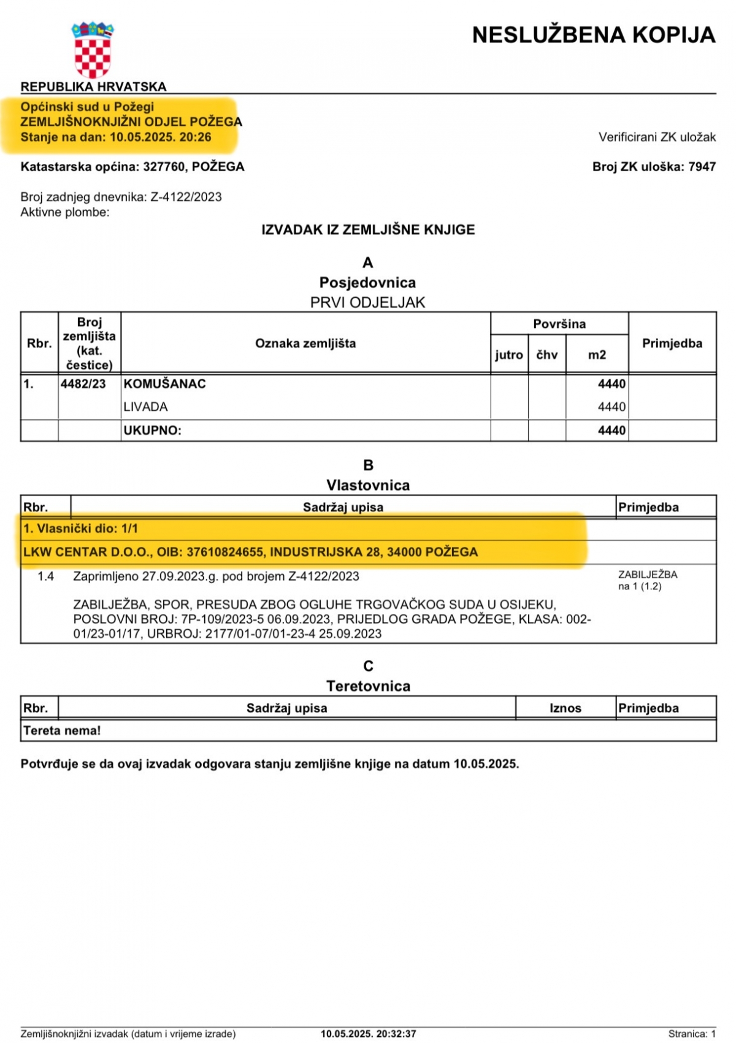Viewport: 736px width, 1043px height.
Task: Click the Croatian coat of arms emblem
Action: pos(93,50)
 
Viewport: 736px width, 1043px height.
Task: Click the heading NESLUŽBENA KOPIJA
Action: pos(594,35)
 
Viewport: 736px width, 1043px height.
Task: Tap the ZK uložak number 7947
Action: pos(702,167)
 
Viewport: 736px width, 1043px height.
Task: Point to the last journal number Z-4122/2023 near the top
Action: pos(186,197)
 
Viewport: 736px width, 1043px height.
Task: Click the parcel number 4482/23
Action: pos(83,384)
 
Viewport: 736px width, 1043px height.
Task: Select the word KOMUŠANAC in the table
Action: pos(165,384)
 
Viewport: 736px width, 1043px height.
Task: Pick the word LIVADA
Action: pos(146,407)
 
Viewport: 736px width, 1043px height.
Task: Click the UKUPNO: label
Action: pos(153,431)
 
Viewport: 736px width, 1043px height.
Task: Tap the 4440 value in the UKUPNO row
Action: pos(611,431)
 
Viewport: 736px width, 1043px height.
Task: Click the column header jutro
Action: pos(509,355)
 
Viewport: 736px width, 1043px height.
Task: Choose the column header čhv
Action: pos(547,355)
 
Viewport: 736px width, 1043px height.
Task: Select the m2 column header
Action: pos(597,355)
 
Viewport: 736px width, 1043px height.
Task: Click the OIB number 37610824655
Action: pos(225,552)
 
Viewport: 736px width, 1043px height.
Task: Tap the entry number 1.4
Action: pos(46,576)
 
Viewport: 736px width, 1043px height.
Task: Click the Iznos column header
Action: pos(565,708)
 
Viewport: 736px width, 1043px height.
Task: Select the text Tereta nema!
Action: pos(62,731)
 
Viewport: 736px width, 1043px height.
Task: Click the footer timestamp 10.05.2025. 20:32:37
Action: pos(369,1034)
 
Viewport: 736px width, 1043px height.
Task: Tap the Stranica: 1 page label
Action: pos(692,1034)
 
